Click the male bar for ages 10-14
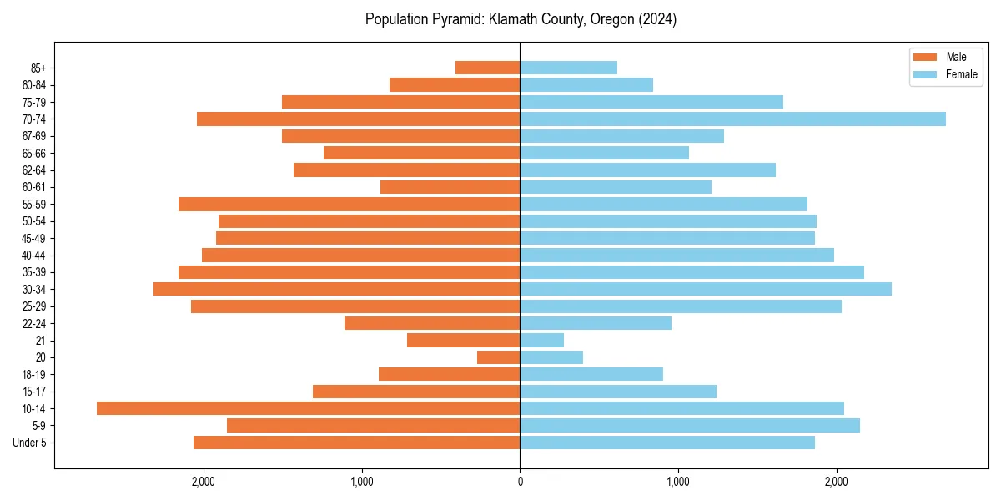click(x=308, y=408)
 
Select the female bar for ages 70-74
click(x=732, y=119)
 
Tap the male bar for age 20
click(x=498, y=357)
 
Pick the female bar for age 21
click(x=541, y=341)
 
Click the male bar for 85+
click(x=487, y=68)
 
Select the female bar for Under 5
click(x=667, y=443)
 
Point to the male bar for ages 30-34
click(x=336, y=289)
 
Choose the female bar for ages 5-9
click(x=690, y=426)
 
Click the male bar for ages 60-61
click(x=450, y=187)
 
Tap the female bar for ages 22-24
click(x=596, y=323)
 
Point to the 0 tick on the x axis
click(x=520, y=482)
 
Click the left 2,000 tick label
click(x=203, y=482)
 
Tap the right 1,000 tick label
click(x=678, y=482)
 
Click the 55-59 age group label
click(x=33, y=205)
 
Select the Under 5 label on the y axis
click(x=29, y=443)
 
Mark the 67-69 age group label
click(x=33, y=136)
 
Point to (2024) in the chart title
click(x=656, y=19)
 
